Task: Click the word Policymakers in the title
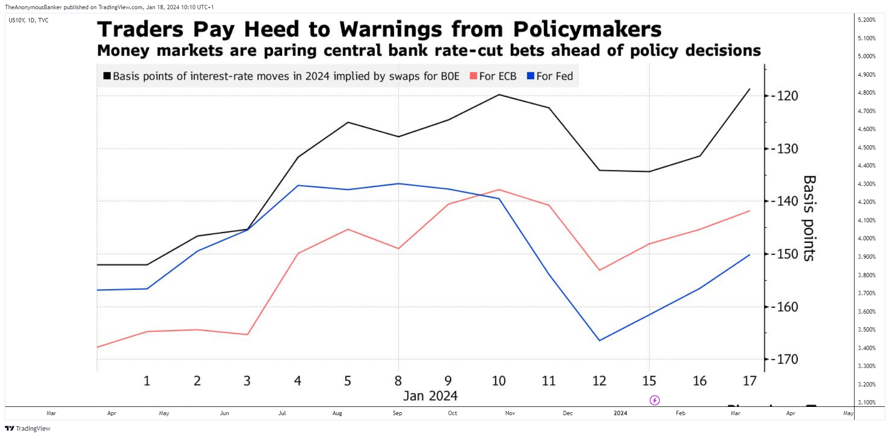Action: coord(587,30)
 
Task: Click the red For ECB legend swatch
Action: coord(473,76)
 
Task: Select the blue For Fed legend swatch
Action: coord(531,76)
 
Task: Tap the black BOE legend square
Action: coord(107,76)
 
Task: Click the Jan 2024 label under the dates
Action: coord(430,396)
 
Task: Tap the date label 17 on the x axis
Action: coord(750,381)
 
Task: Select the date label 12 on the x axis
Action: coord(599,381)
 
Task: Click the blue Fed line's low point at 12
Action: coord(600,340)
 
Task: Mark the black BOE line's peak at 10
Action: coord(499,95)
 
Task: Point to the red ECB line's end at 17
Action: coord(750,211)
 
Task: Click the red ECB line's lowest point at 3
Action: coord(248,335)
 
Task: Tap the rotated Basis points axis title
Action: coord(809,218)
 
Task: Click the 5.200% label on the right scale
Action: coord(867,20)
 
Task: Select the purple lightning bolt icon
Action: coord(655,401)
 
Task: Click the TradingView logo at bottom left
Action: coord(28,428)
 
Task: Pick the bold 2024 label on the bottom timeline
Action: coord(620,413)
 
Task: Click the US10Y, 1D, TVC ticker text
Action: coord(29,20)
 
